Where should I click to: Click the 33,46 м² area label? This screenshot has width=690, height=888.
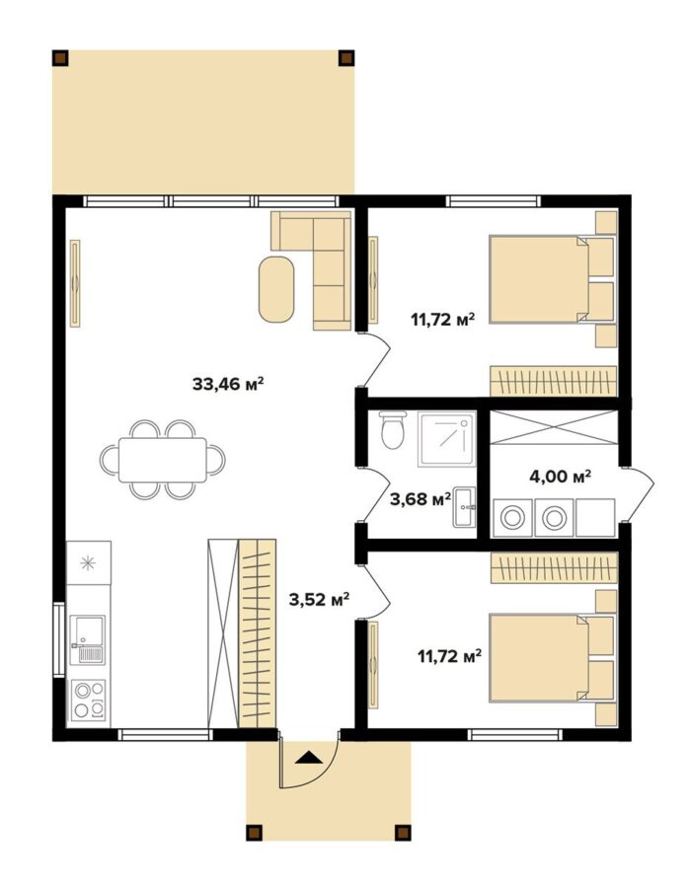coord(228,385)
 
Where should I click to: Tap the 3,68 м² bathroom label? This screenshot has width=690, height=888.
coord(421,499)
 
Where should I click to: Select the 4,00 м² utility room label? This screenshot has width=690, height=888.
coord(561,477)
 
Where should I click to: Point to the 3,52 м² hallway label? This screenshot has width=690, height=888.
coord(319,599)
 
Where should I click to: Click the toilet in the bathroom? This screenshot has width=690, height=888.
coord(392,430)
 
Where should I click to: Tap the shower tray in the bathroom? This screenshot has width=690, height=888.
coord(446,439)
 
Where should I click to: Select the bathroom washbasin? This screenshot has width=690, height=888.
coord(464,506)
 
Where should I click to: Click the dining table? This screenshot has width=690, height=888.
coord(163,459)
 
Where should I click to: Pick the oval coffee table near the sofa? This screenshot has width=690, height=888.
coord(276,289)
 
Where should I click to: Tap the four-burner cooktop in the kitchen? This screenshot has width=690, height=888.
coord(90,700)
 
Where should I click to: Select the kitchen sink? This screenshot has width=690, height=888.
coord(87,639)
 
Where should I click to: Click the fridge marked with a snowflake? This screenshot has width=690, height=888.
coord(89,562)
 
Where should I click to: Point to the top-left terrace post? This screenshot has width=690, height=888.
coord(60,58)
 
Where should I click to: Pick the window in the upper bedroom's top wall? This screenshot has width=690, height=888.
coord(493,201)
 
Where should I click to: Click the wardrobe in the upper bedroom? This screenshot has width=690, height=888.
coord(553,381)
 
